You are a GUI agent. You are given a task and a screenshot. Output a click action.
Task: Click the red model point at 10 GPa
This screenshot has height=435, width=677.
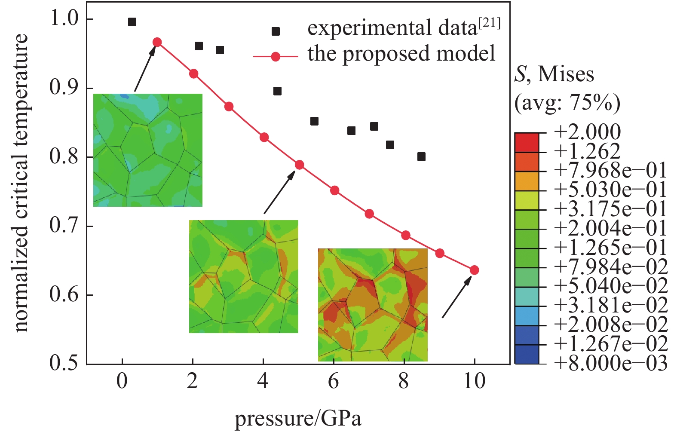coord(474,270)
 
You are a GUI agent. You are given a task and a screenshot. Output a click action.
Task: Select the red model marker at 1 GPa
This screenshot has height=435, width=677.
coord(157,42)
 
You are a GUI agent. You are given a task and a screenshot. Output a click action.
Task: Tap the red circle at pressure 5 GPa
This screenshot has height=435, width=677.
coord(299,165)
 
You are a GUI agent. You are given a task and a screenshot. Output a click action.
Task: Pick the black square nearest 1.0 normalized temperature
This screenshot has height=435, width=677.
coord(132,22)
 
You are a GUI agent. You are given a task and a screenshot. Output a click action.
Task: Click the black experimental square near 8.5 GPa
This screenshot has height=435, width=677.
coord(421,156)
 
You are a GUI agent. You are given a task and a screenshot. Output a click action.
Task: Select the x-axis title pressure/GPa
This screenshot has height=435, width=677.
coord(298,418)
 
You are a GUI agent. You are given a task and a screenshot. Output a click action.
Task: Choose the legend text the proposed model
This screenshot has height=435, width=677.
coord(401,54)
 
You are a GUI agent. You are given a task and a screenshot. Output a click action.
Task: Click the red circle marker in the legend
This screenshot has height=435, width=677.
coord(276,57)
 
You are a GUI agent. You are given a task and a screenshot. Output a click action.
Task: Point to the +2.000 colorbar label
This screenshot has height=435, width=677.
coord(587,132)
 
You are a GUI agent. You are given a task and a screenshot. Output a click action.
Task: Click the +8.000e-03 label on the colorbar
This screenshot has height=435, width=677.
coord(610,363)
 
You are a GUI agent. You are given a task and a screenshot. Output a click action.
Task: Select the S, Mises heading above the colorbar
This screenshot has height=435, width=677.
coord(554,74)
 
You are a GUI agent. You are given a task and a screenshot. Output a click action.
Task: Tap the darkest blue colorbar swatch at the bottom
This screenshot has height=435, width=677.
coord(527,355)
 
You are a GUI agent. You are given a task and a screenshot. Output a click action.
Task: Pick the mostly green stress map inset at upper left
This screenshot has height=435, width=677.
coord(148,150)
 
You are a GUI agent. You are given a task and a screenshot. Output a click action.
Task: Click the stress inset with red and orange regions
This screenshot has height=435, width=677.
coord(373,304)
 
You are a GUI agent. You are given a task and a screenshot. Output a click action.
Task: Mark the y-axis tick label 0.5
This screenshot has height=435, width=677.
coord(64,363)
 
